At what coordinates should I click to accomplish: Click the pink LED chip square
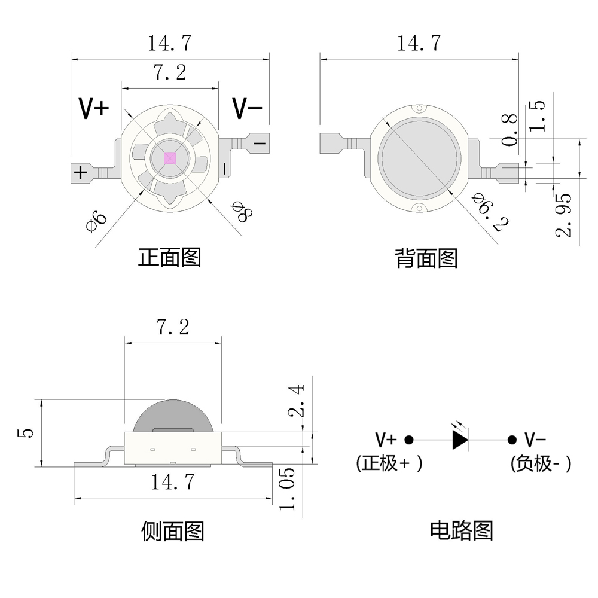click(x=170, y=158)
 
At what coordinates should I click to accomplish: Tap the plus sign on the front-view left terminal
click(x=80, y=173)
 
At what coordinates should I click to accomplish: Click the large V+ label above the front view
click(x=94, y=109)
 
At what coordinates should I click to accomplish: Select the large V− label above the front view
click(x=248, y=109)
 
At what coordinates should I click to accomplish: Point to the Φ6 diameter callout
click(x=96, y=222)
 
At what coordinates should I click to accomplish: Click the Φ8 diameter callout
click(x=242, y=212)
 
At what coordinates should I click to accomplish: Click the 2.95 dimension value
click(x=564, y=215)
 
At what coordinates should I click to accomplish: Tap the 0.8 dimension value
click(x=509, y=130)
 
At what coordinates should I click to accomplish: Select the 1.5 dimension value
click(x=537, y=116)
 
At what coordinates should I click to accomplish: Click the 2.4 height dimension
click(x=297, y=401)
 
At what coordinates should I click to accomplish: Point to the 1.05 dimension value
click(x=286, y=489)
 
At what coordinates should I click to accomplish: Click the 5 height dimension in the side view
click(x=26, y=433)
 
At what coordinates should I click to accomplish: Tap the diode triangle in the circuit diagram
click(x=460, y=440)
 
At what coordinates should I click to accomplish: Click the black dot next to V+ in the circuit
click(x=409, y=440)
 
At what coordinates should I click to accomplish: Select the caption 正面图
click(x=169, y=257)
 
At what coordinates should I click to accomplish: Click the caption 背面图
click(x=426, y=258)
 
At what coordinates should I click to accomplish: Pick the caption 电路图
click(x=462, y=530)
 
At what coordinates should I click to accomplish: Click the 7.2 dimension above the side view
click(x=173, y=327)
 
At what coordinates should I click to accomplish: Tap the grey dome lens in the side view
click(x=173, y=416)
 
